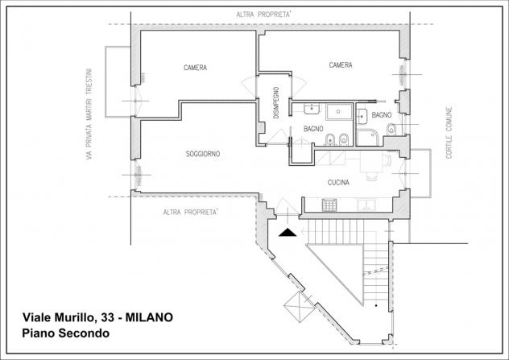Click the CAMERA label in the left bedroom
(x=195, y=68)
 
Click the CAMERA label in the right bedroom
(x=341, y=65)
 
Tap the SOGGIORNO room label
(x=203, y=154)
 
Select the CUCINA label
(x=338, y=183)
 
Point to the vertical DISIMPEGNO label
(x=276, y=102)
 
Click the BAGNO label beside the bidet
(x=313, y=129)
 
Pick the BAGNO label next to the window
(x=382, y=115)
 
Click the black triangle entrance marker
(x=288, y=233)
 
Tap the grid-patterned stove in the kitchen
(x=329, y=205)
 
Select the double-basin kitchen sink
(x=366, y=205)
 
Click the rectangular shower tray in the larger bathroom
(x=339, y=112)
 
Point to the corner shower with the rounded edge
(x=367, y=138)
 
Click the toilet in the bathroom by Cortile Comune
(x=391, y=130)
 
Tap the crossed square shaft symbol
(x=299, y=307)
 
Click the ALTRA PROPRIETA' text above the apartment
(x=263, y=14)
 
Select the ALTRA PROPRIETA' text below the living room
(x=190, y=212)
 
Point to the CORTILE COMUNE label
(x=449, y=132)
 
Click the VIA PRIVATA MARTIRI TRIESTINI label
(x=89, y=114)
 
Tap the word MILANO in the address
(x=149, y=317)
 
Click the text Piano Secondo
(x=65, y=333)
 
